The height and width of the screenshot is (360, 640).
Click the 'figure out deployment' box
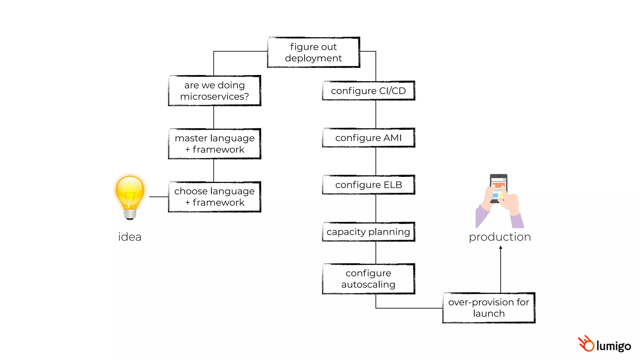[x=313, y=52]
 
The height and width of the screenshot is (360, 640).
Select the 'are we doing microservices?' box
[x=214, y=91]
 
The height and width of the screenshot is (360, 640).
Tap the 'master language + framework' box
[x=214, y=144]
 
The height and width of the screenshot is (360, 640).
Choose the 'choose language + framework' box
[x=214, y=197]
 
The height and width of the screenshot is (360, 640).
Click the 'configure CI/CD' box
[x=368, y=91]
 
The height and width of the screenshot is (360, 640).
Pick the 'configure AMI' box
[x=368, y=137]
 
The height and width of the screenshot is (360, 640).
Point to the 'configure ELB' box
[x=368, y=185]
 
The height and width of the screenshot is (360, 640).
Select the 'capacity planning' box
[x=368, y=232]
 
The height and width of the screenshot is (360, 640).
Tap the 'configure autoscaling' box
[x=368, y=279]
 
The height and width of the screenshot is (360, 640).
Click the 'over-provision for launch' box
[x=489, y=308]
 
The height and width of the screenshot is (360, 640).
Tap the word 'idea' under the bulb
[x=130, y=237]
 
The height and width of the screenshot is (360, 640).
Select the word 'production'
[x=500, y=237]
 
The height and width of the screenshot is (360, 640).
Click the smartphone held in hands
[x=498, y=187]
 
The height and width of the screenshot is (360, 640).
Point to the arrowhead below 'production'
[x=501, y=247]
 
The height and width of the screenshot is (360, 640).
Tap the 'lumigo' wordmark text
[x=613, y=346]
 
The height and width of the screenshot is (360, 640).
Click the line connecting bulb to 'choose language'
[x=159, y=197]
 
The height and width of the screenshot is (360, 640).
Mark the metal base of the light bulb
[x=130, y=214]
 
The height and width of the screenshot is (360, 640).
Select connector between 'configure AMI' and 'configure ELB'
[x=376, y=161]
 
